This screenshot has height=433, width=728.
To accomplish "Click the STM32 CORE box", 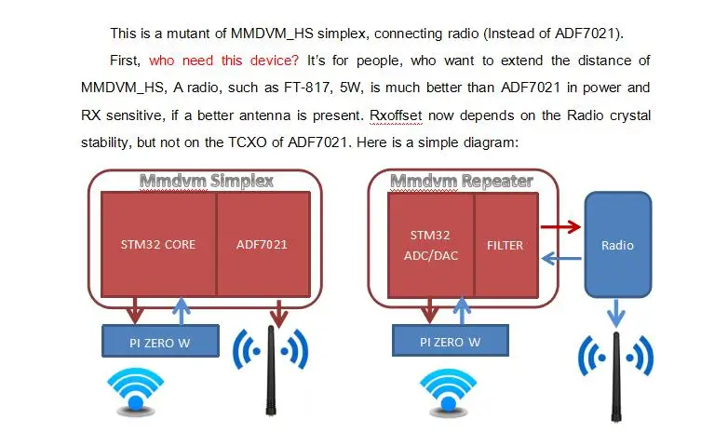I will [158, 246].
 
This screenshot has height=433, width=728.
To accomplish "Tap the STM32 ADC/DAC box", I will [431, 246].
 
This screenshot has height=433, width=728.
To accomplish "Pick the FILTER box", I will [506, 246].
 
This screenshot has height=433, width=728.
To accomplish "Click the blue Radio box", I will [617, 245].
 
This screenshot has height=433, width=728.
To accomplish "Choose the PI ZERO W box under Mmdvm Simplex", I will [159, 342].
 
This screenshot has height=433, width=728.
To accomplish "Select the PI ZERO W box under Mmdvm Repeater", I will [451, 342].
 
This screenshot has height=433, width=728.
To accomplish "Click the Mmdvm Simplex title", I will [206, 181].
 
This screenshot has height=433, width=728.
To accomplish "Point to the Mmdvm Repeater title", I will [461, 181].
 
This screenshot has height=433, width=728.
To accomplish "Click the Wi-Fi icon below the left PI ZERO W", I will [135, 389].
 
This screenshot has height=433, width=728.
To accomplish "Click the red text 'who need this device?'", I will [224, 61].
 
